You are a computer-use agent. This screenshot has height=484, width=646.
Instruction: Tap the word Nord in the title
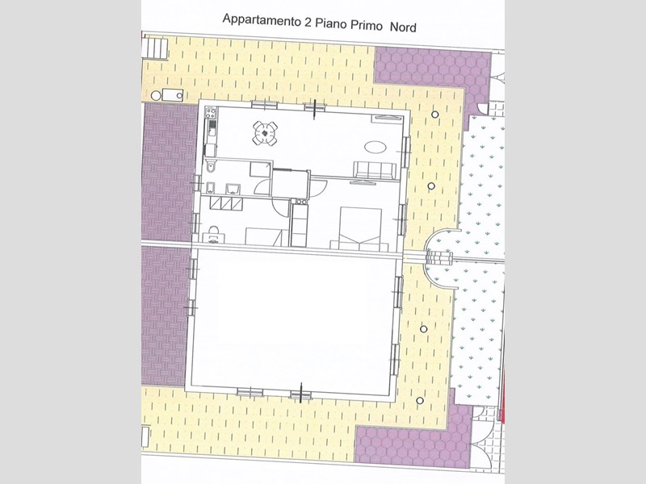[x=403, y=27]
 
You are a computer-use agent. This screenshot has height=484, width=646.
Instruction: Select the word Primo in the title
[x=367, y=25]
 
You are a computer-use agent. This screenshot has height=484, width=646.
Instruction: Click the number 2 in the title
[x=308, y=23]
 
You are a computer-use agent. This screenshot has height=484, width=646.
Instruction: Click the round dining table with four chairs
[x=265, y=133]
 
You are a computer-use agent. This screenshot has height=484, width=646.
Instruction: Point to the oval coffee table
[x=375, y=148]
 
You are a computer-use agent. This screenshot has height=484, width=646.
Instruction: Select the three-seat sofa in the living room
[x=375, y=170]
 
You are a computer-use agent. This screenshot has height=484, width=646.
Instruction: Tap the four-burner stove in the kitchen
[x=211, y=112]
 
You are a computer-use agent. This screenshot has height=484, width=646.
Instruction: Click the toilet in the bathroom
[x=211, y=168]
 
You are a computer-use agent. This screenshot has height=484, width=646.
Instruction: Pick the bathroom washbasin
[x=233, y=189]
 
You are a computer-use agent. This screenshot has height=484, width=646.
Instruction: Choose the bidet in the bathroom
[x=210, y=187]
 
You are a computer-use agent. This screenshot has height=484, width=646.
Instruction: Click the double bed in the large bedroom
[x=360, y=228]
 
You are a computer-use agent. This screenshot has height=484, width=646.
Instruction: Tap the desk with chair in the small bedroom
[x=213, y=235]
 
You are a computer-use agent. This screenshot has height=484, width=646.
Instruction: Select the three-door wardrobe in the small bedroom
[x=226, y=203]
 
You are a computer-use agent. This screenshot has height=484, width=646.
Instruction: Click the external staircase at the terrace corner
[x=155, y=48]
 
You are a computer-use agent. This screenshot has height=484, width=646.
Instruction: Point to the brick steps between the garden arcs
[x=439, y=257]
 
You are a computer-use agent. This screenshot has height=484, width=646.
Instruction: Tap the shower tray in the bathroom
[x=260, y=169]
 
